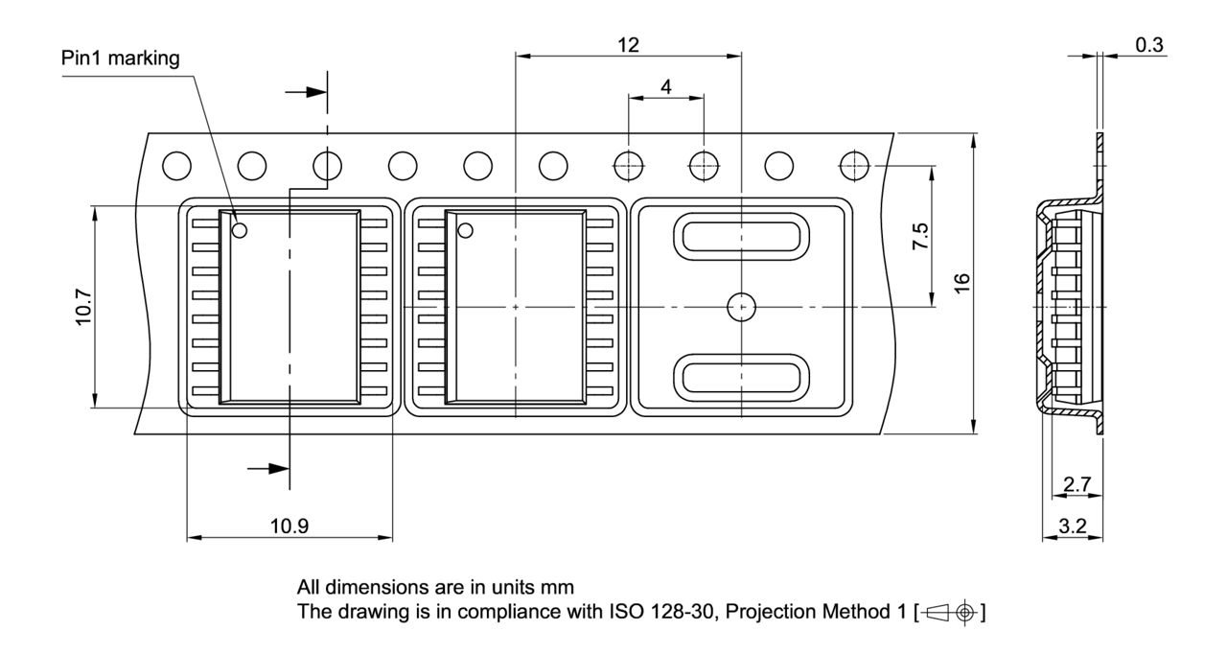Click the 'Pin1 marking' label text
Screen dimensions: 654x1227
(x=121, y=58)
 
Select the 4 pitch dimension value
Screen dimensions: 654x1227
(x=666, y=85)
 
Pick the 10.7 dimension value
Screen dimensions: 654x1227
(x=83, y=307)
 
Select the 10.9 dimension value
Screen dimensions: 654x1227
(x=289, y=526)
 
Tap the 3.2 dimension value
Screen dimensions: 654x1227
(x=1073, y=526)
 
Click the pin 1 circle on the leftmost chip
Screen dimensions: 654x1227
(x=239, y=230)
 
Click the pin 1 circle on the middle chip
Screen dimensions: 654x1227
(x=466, y=230)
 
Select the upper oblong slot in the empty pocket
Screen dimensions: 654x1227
(x=740, y=236)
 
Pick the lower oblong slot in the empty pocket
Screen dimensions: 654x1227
(x=740, y=376)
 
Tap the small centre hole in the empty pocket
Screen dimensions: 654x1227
(x=740, y=307)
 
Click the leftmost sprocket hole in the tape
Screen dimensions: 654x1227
(x=175, y=166)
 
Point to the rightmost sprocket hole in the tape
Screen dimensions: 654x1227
(x=853, y=166)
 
